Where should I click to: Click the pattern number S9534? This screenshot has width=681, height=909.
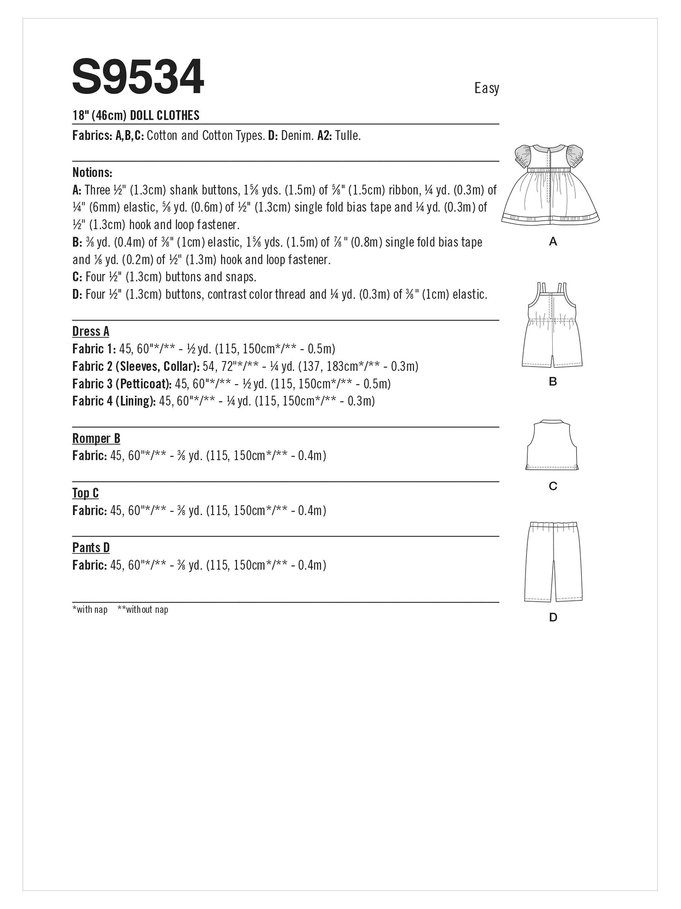coord(138,77)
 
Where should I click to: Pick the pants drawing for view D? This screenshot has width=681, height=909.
coord(553,561)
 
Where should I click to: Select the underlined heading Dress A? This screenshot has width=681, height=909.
coord(91,331)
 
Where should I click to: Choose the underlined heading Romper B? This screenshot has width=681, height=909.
coord(96,438)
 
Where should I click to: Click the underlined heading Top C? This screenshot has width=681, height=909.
coord(85,493)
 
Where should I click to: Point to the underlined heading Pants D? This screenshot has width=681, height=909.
coord(91,548)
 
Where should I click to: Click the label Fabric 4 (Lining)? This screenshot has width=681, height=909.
coord(114,401)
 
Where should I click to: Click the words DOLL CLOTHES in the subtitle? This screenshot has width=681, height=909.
coord(165,115)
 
